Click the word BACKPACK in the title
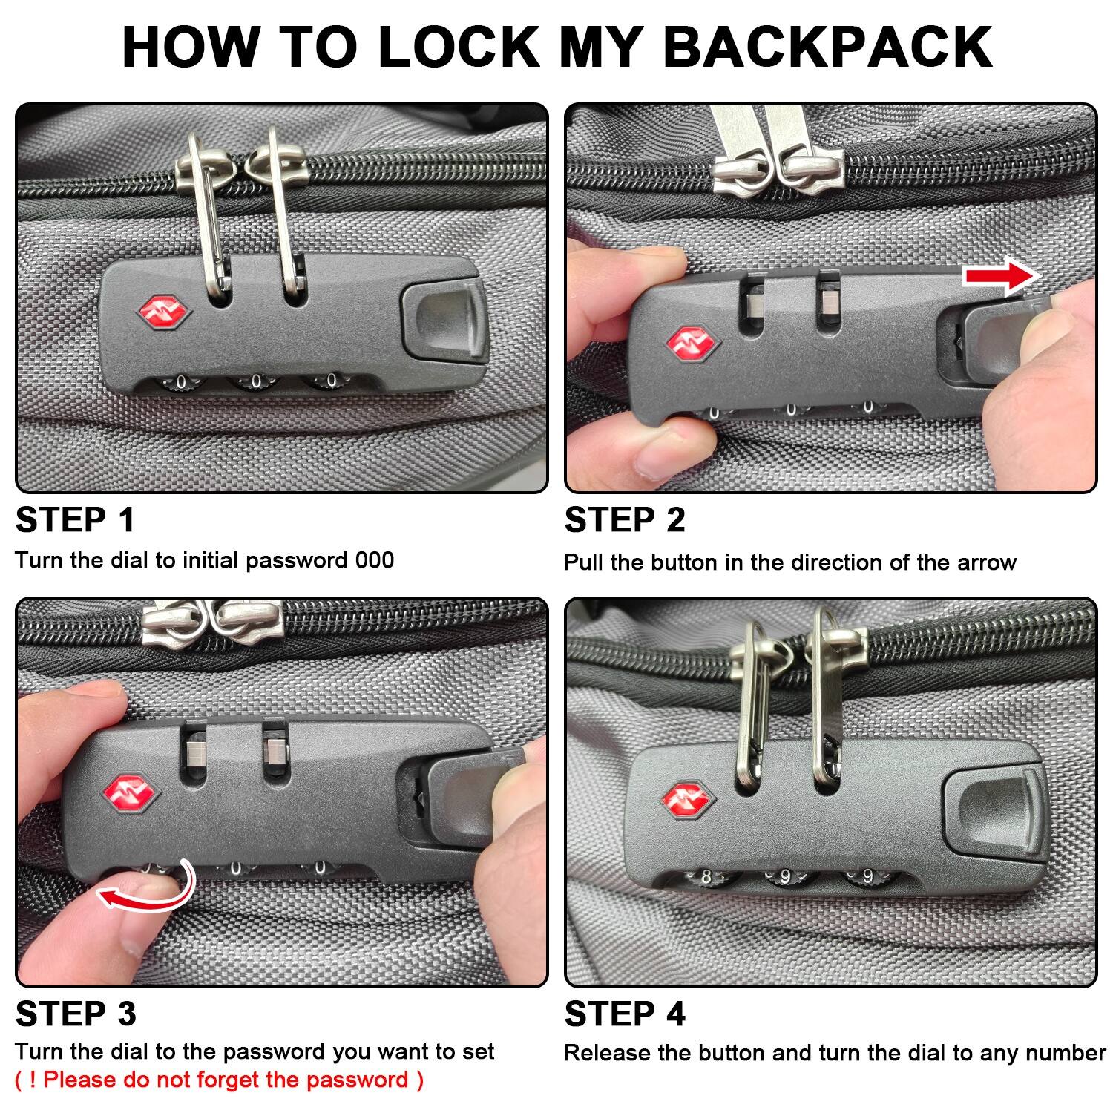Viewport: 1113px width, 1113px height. click(827, 46)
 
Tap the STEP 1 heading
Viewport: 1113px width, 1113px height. click(75, 519)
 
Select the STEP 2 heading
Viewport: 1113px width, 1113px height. click(625, 519)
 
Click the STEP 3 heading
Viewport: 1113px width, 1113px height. click(76, 1013)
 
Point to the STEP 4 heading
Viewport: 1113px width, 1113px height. click(625, 1013)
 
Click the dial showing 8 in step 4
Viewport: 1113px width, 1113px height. click(706, 878)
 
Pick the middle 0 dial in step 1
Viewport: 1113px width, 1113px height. click(256, 382)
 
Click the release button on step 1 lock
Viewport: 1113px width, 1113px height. click(442, 321)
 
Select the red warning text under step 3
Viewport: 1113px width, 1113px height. click(220, 1080)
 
